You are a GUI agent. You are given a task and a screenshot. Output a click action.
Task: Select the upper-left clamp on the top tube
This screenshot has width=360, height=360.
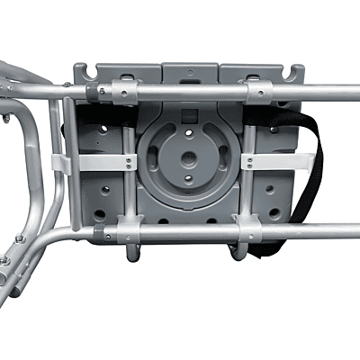(x=118, y=91)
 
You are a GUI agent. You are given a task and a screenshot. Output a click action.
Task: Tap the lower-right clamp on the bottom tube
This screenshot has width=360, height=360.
(x=249, y=231)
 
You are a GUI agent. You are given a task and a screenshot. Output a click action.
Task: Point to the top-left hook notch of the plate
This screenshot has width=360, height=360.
(x=81, y=69)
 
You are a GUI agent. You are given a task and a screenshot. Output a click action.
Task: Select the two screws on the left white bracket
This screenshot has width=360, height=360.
(x=129, y=162)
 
